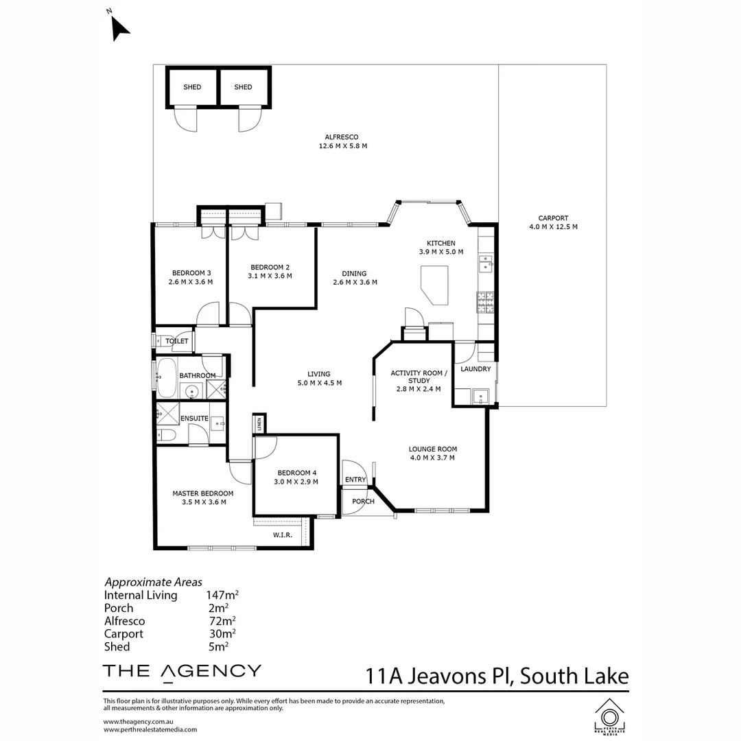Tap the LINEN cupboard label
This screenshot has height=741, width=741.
(259, 423)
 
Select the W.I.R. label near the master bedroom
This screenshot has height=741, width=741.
(283, 534)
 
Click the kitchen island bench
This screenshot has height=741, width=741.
(434, 284)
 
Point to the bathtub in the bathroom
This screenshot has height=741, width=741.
(166, 377)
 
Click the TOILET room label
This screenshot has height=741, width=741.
(176, 341)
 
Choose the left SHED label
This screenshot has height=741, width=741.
(192, 87)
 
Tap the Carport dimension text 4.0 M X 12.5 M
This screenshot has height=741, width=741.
(552, 226)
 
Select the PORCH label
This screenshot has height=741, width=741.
(363, 502)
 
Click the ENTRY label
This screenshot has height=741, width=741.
(355, 480)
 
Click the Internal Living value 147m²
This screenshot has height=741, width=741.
(222, 596)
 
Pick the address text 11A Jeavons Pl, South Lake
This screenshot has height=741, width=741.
(497, 676)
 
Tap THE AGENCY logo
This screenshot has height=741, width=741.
(182, 671)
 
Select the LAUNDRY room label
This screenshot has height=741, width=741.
(475, 369)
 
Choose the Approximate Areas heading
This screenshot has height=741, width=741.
(153, 583)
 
